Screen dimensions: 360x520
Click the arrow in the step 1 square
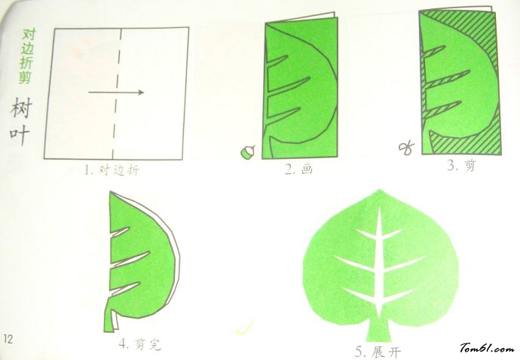[116, 93]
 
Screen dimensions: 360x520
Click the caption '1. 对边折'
[112, 170]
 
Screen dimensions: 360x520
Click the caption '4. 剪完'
[139, 346]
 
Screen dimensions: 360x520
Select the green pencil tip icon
[246, 152]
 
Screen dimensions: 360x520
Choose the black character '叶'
[20, 136]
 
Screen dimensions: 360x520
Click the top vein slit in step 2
[277, 59]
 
